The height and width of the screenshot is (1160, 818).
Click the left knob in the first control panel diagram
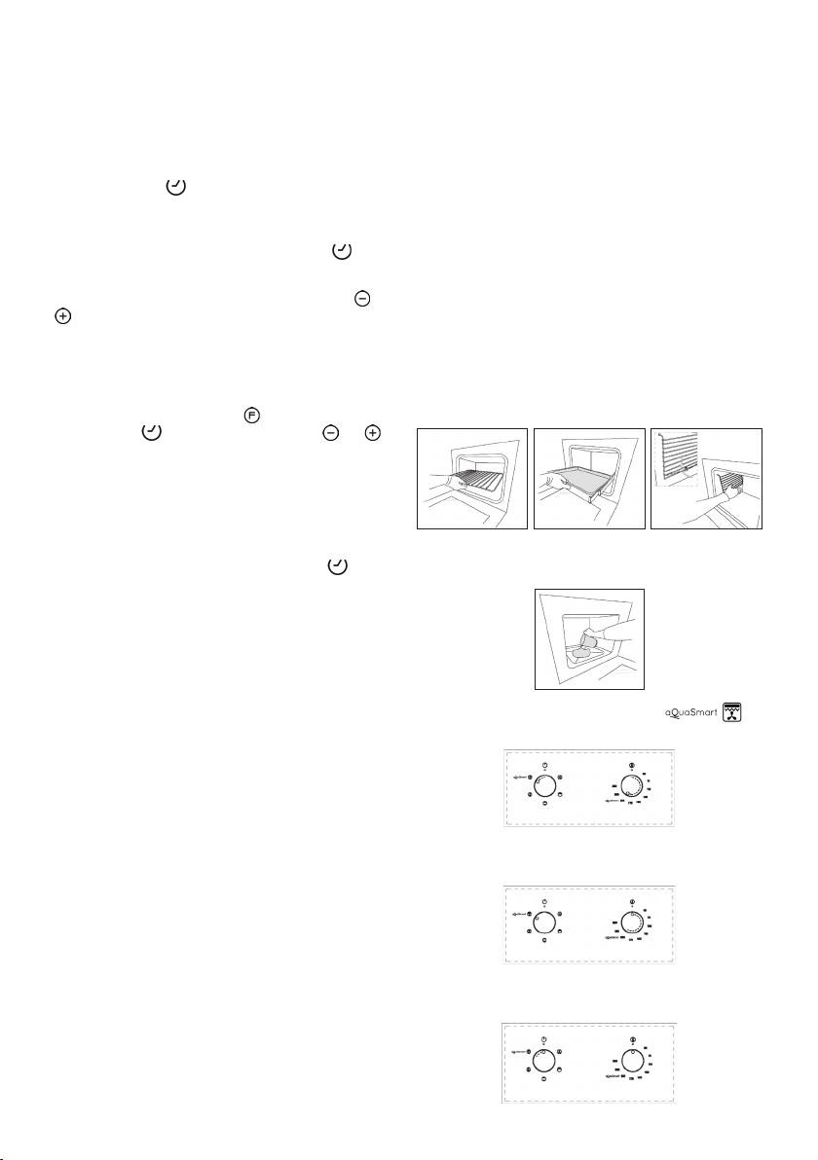(544, 784)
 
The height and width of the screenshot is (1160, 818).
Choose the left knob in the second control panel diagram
(544, 923)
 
